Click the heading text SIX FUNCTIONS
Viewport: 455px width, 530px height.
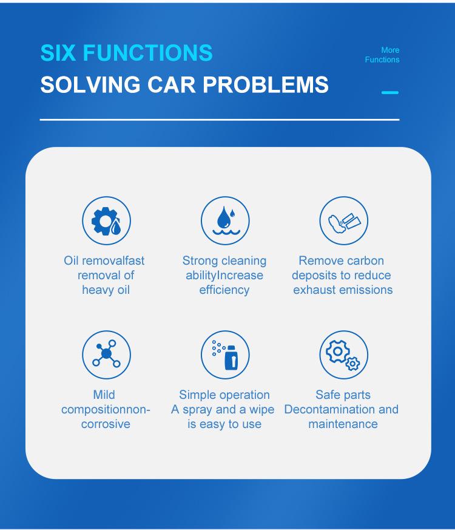126,53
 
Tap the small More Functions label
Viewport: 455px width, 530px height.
382,55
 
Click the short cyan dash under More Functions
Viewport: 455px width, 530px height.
390,93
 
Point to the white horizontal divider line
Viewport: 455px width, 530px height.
220,120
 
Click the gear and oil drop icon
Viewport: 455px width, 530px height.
106,221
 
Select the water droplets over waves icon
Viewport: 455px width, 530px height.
225,221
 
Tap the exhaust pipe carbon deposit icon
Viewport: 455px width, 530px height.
344,221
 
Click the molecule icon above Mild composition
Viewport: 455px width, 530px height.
106,355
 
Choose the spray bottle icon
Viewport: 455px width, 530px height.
225,355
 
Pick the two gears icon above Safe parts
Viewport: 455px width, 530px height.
344,355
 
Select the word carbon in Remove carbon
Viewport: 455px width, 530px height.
365,261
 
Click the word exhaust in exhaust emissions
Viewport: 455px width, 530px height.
313,290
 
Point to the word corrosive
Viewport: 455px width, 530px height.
106,424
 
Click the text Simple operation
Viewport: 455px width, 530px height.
224,395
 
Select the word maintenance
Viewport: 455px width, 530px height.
343,424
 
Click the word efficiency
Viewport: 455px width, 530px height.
224,290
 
